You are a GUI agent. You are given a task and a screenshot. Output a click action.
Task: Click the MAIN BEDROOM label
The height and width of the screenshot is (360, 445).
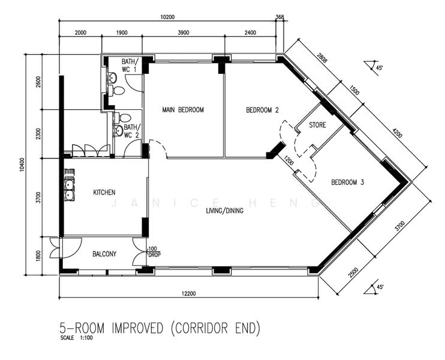point(183,110)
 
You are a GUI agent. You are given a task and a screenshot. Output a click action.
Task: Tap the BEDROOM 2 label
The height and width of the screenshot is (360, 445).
point(262,110)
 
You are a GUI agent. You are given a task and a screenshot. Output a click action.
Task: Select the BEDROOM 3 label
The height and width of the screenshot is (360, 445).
point(347,182)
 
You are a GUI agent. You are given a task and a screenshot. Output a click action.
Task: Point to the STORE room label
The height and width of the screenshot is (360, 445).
point(317,125)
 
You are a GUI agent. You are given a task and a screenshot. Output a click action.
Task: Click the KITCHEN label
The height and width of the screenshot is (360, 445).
point(104,193)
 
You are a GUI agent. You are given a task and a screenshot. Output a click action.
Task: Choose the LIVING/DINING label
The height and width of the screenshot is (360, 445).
point(224,211)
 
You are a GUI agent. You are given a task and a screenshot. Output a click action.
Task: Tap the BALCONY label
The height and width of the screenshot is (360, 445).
point(104,254)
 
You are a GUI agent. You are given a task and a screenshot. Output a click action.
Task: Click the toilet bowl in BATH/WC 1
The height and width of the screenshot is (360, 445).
point(116,91)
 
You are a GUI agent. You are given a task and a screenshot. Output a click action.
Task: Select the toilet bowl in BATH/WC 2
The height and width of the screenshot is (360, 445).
point(123,117)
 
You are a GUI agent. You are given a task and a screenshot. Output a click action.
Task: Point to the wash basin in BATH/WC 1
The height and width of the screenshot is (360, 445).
point(113,77)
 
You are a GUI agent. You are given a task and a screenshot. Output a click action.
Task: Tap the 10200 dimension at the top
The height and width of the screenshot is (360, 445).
point(167,17)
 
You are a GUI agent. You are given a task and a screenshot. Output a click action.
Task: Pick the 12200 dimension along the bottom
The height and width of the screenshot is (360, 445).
point(188,293)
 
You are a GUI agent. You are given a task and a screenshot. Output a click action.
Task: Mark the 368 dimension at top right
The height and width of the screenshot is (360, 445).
point(279,17)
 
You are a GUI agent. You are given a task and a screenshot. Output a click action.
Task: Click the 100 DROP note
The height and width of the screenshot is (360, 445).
point(154,252)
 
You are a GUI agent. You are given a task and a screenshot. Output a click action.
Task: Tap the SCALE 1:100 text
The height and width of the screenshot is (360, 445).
point(76,338)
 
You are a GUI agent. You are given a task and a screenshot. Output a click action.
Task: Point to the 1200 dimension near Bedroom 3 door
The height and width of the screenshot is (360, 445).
point(288,161)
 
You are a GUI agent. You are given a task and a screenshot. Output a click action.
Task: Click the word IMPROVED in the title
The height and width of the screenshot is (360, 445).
point(138,328)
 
